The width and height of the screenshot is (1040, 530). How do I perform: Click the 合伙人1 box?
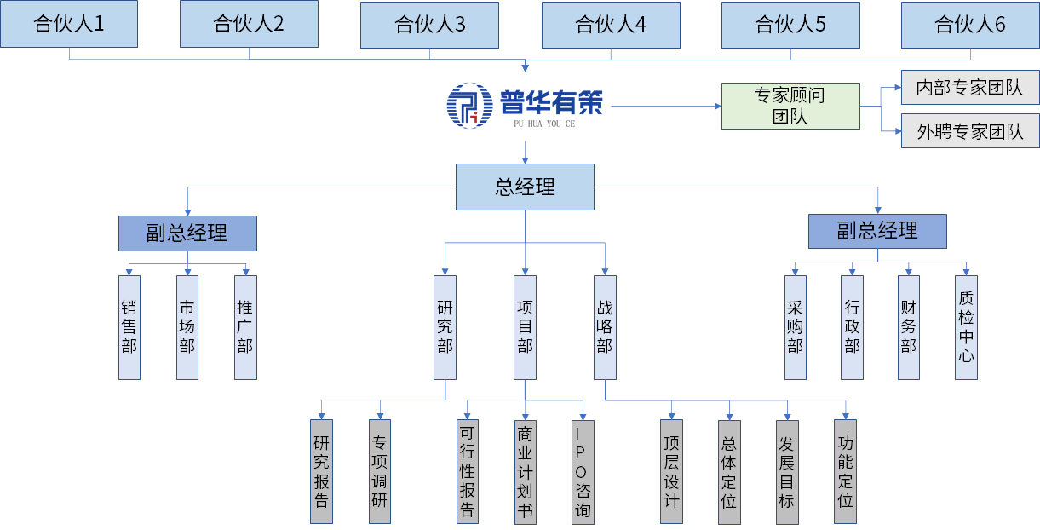point(69,24)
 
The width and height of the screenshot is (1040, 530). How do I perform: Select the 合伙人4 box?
point(611,25)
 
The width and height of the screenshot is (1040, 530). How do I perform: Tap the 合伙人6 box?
point(970,25)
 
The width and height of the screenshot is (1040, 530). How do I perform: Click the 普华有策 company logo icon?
point(469,105)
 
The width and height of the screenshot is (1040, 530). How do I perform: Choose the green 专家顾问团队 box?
point(790,106)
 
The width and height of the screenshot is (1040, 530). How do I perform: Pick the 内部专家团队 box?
point(970,88)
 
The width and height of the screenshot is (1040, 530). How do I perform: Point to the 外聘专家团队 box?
point(970,131)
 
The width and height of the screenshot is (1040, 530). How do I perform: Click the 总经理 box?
point(525,187)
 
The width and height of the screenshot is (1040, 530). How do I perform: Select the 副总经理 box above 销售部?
point(187,233)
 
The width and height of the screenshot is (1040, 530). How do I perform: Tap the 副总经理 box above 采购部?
point(877,231)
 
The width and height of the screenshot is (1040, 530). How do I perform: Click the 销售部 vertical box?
point(129,327)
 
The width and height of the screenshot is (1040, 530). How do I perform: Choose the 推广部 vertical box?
point(245,327)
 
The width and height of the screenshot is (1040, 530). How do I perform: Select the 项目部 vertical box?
point(526,327)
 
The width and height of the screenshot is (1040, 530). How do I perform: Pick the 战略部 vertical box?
point(605,327)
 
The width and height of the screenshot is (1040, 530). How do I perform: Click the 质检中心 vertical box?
point(966,327)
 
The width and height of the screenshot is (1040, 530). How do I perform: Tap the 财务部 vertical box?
point(908,327)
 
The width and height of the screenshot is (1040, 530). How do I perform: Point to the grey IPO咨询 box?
point(583,471)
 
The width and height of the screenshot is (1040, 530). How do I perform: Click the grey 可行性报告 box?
point(468,471)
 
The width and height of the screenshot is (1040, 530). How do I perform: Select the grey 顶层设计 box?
point(672,471)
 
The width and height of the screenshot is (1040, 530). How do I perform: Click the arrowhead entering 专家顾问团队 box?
point(717,106)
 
